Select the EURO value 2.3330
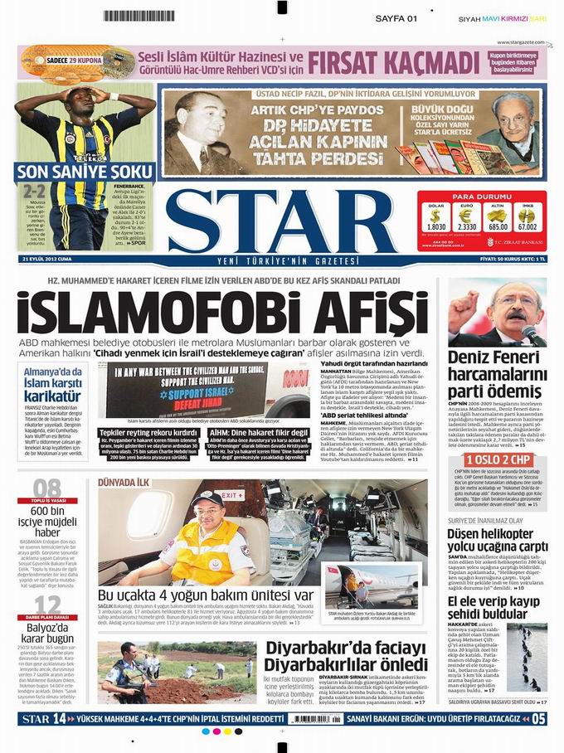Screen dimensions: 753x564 click(467, 226)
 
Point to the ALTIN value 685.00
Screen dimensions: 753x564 click(498, 226)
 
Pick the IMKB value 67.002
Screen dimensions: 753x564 click(528, 226)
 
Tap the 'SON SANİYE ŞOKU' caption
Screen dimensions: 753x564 click(85, 172)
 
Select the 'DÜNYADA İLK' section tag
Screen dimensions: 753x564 click(124, 482)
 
